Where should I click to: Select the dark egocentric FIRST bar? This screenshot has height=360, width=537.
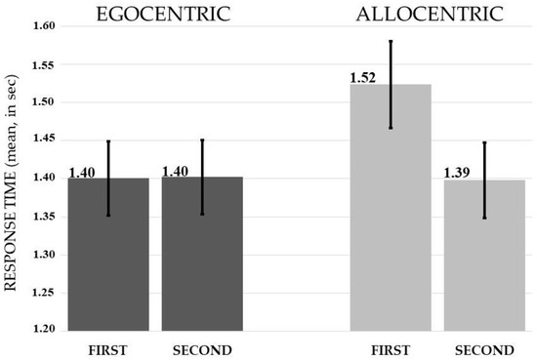[108, 254]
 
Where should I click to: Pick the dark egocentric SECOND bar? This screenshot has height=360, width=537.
[202, 254]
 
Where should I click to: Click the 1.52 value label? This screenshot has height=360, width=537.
[363, 76]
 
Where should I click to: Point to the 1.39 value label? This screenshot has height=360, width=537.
[457, 173]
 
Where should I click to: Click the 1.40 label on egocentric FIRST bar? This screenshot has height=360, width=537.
[82, 173]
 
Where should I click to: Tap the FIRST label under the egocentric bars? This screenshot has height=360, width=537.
[107, 348]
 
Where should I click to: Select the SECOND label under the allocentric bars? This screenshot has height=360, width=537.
[484, 348]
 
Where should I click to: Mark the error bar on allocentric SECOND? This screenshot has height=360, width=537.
[484, 180]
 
